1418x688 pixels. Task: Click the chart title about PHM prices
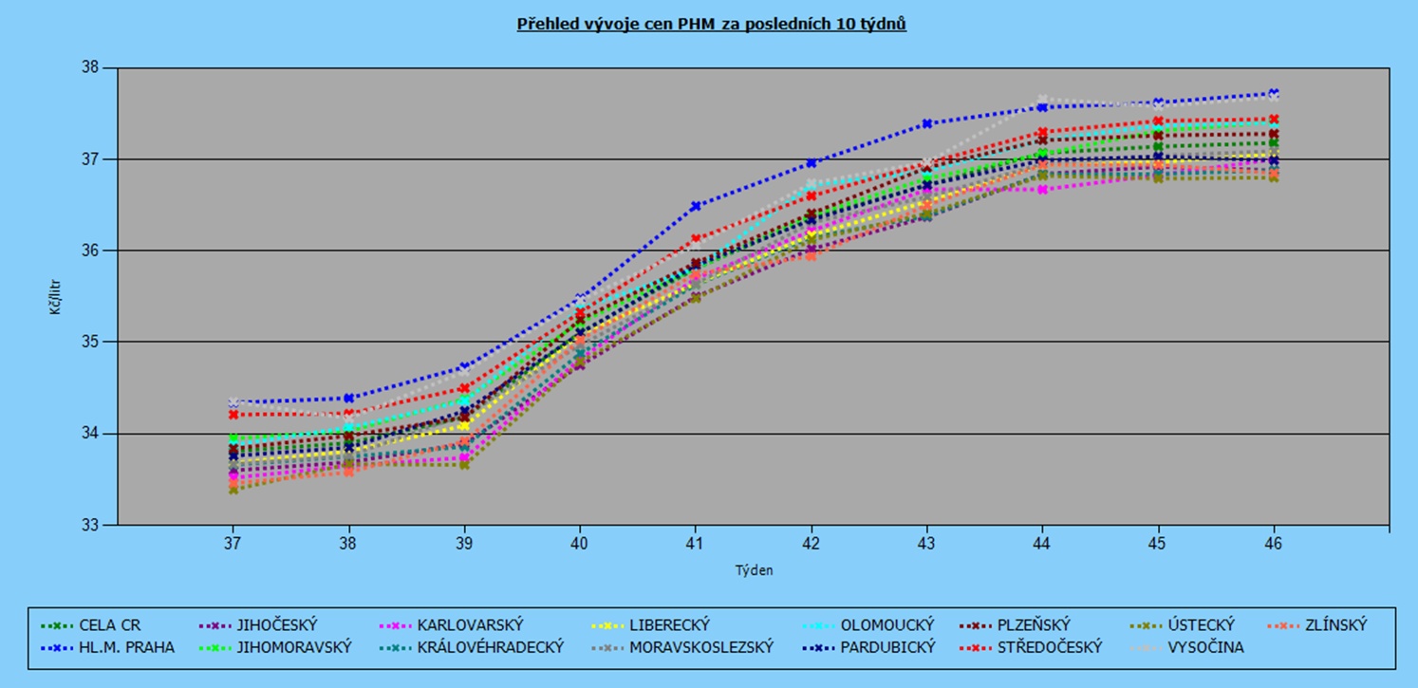coord(711,25)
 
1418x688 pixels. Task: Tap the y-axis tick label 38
coord(91,68)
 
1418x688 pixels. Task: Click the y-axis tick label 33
coord(91,525)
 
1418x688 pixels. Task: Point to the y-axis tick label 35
coord(91,342)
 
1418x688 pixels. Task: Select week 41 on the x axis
coord(696,544)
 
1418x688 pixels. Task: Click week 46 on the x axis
coord(1274,544)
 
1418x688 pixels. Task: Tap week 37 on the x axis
coord(233,544)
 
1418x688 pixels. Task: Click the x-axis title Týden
coord(754,570)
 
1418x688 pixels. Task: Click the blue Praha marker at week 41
coord(696,206)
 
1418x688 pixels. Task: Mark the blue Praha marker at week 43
coord(927,123)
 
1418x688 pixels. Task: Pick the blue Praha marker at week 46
coord(1274,93)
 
